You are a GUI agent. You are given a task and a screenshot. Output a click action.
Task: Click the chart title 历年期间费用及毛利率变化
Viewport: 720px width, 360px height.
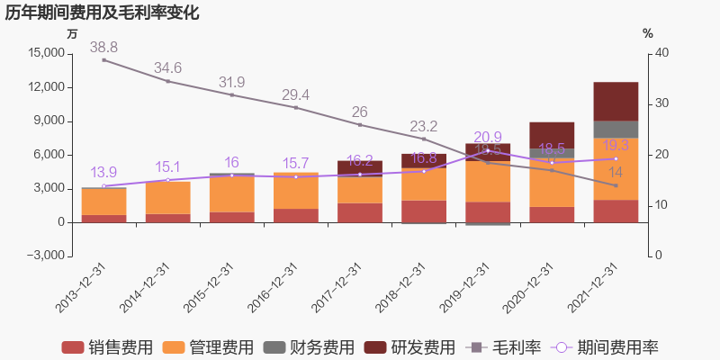pos(102,13)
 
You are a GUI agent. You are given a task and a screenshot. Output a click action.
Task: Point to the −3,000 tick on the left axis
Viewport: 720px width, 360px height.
pos(43,256)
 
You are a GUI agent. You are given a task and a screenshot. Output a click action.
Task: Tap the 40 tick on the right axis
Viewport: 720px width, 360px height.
pos(662,53)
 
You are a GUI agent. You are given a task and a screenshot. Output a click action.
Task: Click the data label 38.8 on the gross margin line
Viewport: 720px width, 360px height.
pos(103,47)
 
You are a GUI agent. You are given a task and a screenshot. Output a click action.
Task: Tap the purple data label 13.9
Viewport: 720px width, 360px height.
pos(103,173)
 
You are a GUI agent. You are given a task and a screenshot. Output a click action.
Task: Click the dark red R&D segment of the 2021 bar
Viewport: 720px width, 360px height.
pos(616,101)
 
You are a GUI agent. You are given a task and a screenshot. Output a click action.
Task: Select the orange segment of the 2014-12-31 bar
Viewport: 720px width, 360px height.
pos(167,198)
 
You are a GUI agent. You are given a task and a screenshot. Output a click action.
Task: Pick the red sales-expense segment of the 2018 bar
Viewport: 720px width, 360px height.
pos(424,211)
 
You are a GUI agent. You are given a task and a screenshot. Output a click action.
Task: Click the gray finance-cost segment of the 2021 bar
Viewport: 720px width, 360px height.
pos(616,129)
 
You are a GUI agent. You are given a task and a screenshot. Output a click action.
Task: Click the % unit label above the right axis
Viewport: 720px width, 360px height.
pos(647,33)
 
